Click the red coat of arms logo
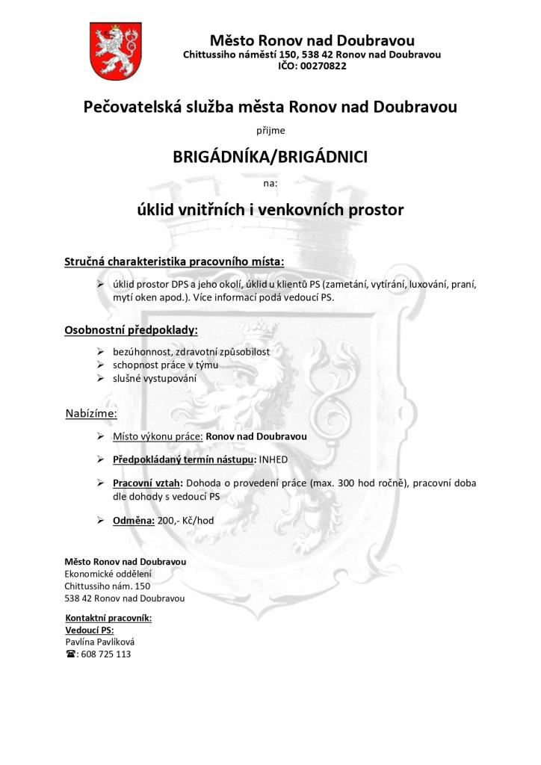click(110, 51)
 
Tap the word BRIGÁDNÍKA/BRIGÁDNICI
click(270, 158)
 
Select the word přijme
click(270, 131)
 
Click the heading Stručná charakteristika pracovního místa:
click(174, 262)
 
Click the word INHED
click(273, 459)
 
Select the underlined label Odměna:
click(134, 520)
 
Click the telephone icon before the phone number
click(71, 654)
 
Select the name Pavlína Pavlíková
click(100, 642)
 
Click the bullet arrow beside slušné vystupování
click(100, 378)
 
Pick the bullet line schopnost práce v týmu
click(155, 365)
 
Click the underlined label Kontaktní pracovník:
click(109, 619)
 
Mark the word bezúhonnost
click(139, 351)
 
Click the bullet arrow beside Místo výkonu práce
click(100, 435)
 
